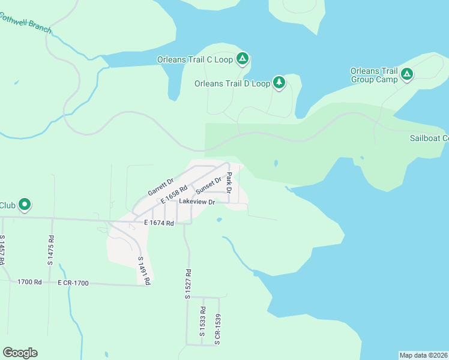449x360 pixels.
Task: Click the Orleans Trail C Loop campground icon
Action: pos(242,59)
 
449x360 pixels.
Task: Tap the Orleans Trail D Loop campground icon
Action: pos(279,83)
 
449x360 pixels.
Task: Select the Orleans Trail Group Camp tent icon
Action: pos(407,74)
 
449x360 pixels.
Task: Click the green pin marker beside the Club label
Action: pos(25,205)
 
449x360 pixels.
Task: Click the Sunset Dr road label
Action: pos(208,184)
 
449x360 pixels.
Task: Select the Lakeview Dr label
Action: pos(197,202)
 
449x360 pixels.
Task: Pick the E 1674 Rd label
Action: pos(158,223)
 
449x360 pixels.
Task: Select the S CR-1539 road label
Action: pos(218,329)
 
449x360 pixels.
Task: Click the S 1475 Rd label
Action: pos(50,250)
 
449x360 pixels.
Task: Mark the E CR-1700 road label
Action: pos(73,282)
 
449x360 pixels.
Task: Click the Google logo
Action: pos(20,353)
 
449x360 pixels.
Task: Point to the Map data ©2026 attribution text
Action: pos(423,355)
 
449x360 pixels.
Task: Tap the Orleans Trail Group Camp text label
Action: pos(373,75)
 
